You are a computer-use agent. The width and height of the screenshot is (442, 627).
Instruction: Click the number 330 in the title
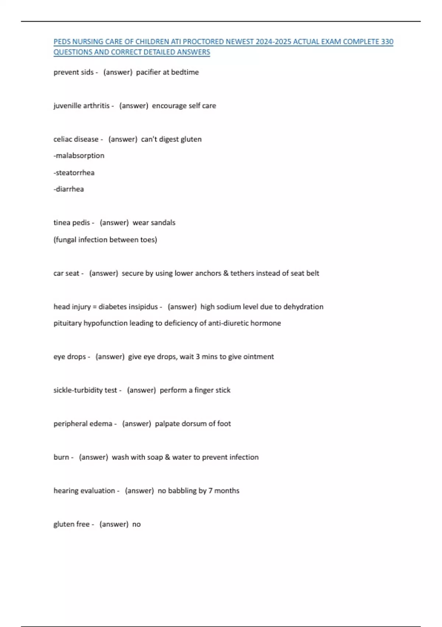click(x=387, y=42)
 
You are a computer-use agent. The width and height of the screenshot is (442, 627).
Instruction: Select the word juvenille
click(x=67, y=106)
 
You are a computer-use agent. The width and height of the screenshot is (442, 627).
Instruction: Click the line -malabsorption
click(x=79, y=156)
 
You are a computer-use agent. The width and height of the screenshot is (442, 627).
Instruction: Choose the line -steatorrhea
click(x=74, y=173)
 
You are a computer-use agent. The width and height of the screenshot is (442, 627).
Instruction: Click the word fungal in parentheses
click(x=65, y=240)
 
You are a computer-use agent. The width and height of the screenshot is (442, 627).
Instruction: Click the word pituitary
click(x=67, y=323)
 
